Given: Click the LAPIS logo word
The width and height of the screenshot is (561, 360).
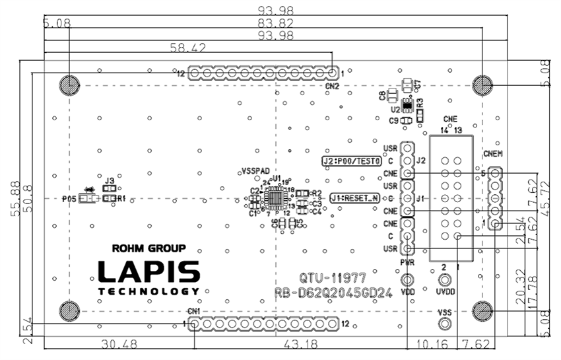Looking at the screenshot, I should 149,271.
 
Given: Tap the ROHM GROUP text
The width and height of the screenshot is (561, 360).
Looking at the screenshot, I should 148,249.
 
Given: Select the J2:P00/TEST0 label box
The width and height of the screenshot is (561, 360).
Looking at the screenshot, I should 352,161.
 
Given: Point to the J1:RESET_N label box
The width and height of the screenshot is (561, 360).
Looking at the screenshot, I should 354,198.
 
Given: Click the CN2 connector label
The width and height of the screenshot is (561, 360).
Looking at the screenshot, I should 332,86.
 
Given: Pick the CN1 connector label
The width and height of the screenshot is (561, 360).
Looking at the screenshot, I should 194,311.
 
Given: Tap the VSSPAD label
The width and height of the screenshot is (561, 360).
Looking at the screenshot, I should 255,170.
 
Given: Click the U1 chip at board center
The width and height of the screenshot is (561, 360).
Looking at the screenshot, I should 275,197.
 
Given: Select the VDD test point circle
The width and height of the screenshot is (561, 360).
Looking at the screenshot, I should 408,279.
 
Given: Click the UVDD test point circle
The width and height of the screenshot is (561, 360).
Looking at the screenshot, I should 444,280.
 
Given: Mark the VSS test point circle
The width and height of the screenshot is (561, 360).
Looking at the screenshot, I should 445,323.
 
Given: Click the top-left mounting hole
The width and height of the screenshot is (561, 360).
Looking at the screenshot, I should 69,85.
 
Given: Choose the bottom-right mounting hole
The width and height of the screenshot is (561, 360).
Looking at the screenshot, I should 483,310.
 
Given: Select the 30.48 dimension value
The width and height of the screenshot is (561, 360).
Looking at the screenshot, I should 119,344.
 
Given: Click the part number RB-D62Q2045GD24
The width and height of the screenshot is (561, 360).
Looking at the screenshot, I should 334,293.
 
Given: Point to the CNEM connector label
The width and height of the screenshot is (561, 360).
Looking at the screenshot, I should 493,154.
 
